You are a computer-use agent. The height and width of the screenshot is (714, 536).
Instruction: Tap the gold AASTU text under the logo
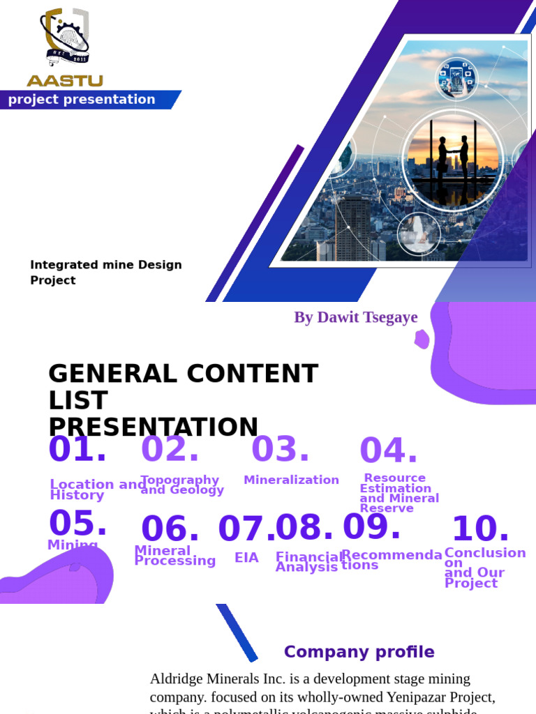(65, 81)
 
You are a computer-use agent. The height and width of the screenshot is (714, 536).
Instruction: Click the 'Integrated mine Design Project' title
(105, 273)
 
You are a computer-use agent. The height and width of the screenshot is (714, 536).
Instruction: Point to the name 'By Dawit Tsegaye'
(355, 318)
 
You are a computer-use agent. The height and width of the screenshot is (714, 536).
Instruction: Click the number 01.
(77, 450)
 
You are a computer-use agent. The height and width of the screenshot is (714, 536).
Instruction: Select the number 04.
(388, 451)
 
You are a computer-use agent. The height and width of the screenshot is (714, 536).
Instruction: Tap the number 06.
(170, 529)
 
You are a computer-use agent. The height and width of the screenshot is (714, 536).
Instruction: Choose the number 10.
(480, 529)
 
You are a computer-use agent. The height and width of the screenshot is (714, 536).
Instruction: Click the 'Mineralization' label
(291, 480)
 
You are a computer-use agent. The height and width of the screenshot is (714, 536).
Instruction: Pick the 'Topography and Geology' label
(181, 485)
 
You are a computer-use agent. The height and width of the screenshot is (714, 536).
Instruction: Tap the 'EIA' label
(246, 558)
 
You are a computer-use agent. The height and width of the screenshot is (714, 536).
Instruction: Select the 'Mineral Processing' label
(174, 556)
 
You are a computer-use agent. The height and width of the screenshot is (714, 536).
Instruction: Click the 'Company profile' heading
(359, 652)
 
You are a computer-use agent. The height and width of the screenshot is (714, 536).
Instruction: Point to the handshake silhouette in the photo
(453, 156)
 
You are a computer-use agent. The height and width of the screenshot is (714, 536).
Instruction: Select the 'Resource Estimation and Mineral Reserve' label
(399, 493)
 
